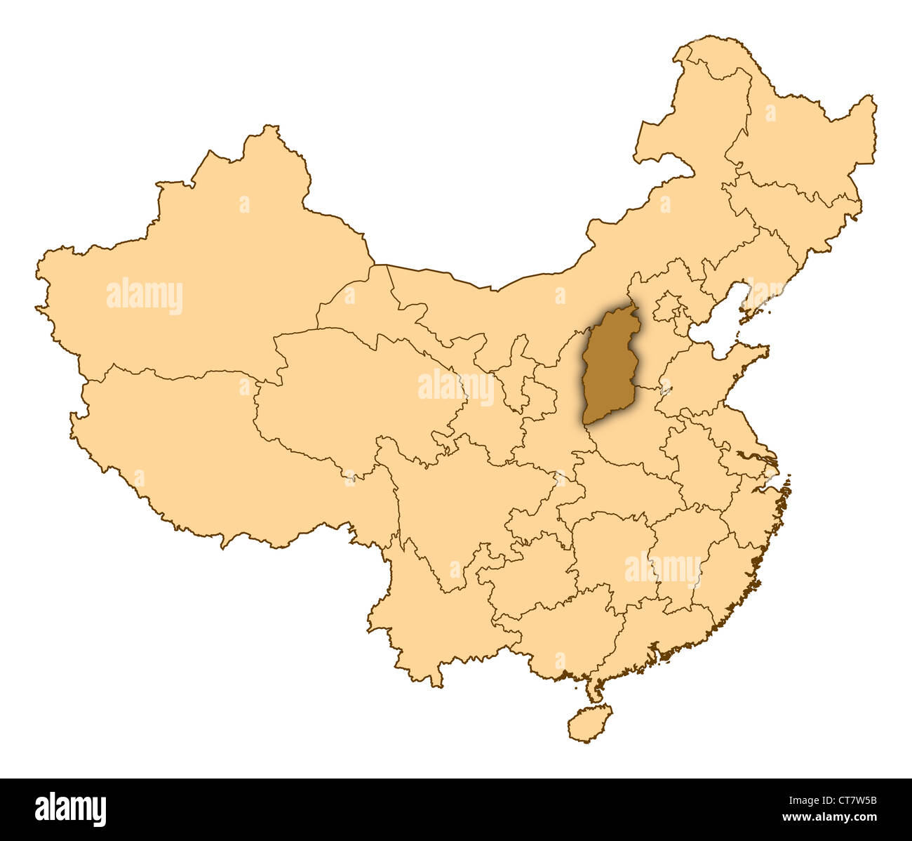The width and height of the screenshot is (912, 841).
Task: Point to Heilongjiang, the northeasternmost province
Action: pyautogui.click(x=800, y=140)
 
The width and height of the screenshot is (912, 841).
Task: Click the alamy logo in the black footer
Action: pyautogui.click(x=70, y=809)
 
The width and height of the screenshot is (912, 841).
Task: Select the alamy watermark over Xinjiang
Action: pyautogui.click(x=145, y=296)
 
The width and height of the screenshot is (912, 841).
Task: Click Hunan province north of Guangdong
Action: pyautogui.click(x=610, y=555)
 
